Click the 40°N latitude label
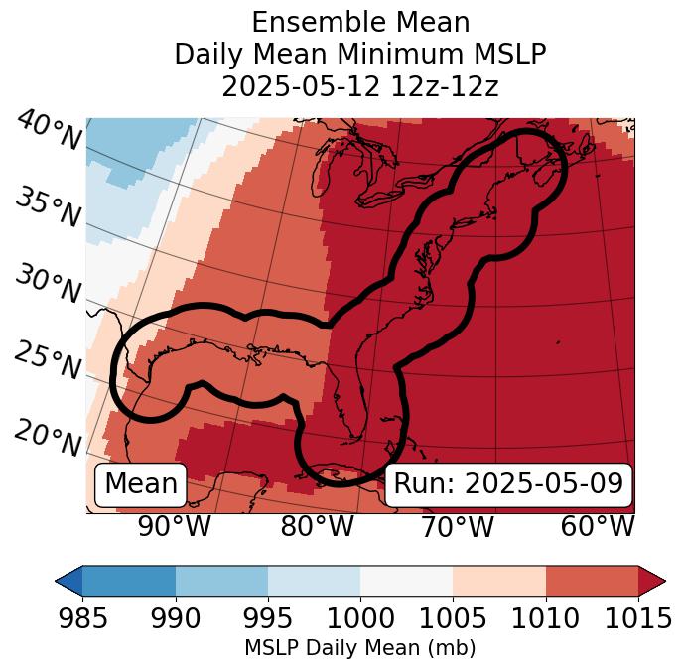click(49, 131)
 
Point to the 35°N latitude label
click(48, 207)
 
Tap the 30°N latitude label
click(48, 285)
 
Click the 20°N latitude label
click(48, 437)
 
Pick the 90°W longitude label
click(175, 526)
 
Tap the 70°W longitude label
click(458, 526)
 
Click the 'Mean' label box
click(141, 484)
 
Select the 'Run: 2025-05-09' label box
click(508, 484)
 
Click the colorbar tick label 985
click(83, 618)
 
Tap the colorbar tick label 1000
click(360, 618)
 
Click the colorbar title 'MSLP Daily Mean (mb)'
click(360, 648)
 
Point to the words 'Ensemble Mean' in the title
click(360, 22)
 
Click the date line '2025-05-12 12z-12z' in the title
click(360, 86)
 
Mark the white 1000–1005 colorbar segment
click(406, 581)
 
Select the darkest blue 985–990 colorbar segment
click(129, 581)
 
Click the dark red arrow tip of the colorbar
click(655, 581)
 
